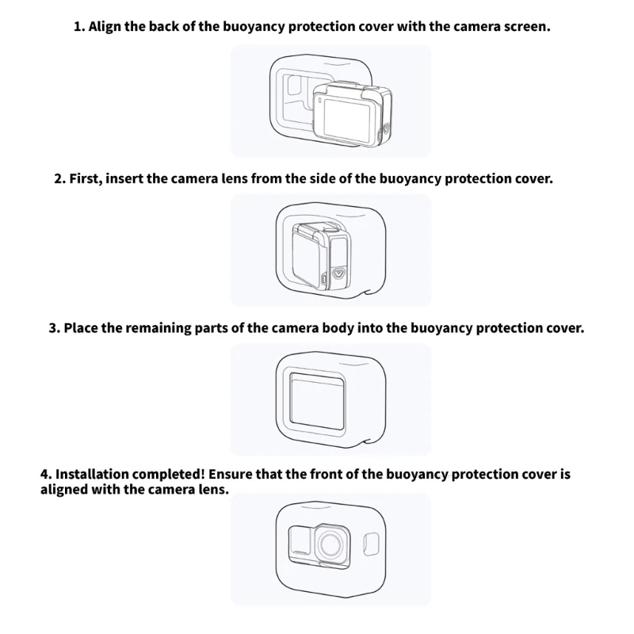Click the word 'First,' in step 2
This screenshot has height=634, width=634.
click(86, 179)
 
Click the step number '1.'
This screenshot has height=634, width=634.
click(79, 27)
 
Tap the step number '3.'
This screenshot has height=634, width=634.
click(54, 328)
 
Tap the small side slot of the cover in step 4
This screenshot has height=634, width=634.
click(372, 544)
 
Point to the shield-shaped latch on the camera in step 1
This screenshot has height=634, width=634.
click(386, 129)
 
